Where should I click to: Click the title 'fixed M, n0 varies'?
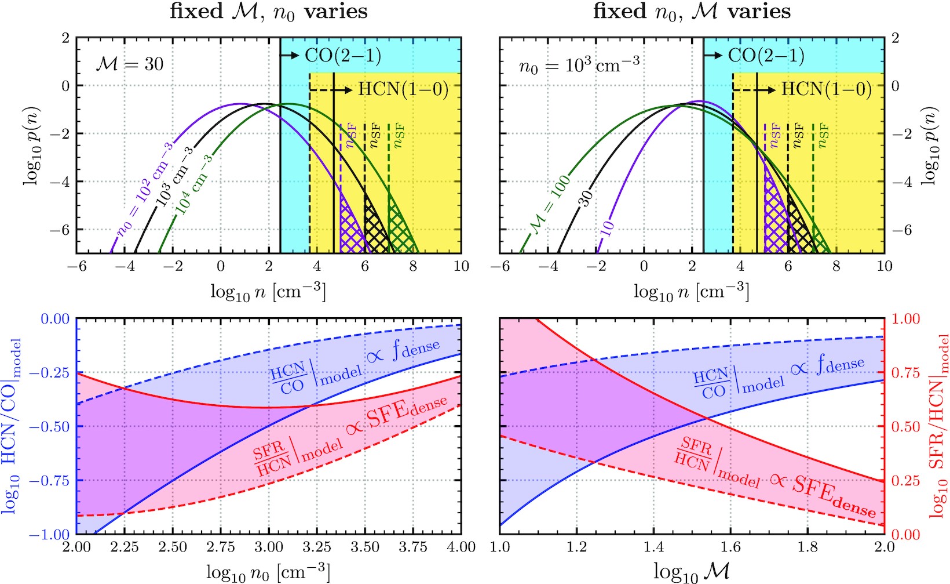click(268, 12)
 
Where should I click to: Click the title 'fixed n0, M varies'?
click(692, 12)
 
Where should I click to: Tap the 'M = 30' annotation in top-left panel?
click(130, 63)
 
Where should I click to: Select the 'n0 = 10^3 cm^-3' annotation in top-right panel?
click(579, 65)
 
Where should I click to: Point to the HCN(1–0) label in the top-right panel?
click(826, 89)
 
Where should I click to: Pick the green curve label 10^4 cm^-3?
click(194, 184)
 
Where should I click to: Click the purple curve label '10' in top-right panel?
click(606, 228)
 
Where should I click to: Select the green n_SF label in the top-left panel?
click(398, 136)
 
